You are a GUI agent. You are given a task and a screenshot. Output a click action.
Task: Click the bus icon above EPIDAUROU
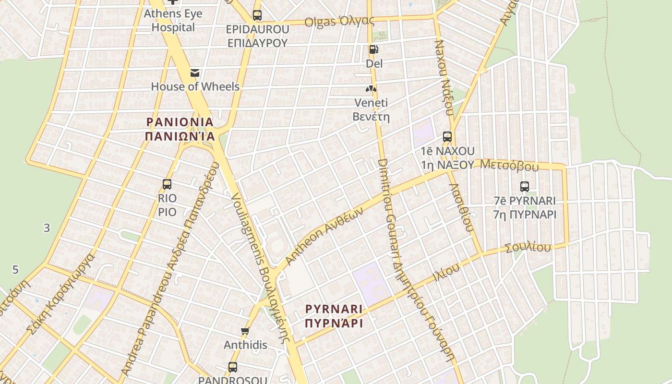257,15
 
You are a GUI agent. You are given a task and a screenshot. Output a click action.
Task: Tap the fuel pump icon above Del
373,49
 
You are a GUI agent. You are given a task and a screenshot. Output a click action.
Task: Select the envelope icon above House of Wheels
195,73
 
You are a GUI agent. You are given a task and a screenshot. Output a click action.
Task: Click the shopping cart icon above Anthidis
245,331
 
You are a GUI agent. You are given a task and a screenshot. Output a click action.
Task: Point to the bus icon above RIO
167,184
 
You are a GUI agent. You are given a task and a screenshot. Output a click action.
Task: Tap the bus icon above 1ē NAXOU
447,137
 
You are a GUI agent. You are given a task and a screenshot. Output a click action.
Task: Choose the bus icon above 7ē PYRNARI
525,187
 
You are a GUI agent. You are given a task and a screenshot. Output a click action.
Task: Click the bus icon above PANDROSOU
233,367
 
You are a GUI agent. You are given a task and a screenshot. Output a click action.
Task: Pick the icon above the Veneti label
371,89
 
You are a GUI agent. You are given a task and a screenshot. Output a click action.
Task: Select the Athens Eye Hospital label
173,20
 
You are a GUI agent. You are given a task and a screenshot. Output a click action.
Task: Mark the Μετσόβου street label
509,166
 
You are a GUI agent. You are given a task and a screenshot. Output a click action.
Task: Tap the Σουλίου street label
528,248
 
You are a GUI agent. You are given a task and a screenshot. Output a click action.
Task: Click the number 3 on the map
47,228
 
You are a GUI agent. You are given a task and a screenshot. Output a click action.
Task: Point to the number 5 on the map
15,270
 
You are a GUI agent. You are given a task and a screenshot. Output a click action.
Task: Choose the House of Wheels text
195,86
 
